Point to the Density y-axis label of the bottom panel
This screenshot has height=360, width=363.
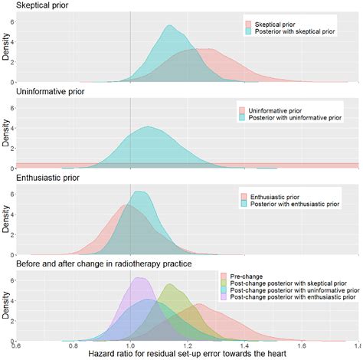tap(5, 306)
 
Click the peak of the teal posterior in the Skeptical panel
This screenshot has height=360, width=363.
tap(169, 26)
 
